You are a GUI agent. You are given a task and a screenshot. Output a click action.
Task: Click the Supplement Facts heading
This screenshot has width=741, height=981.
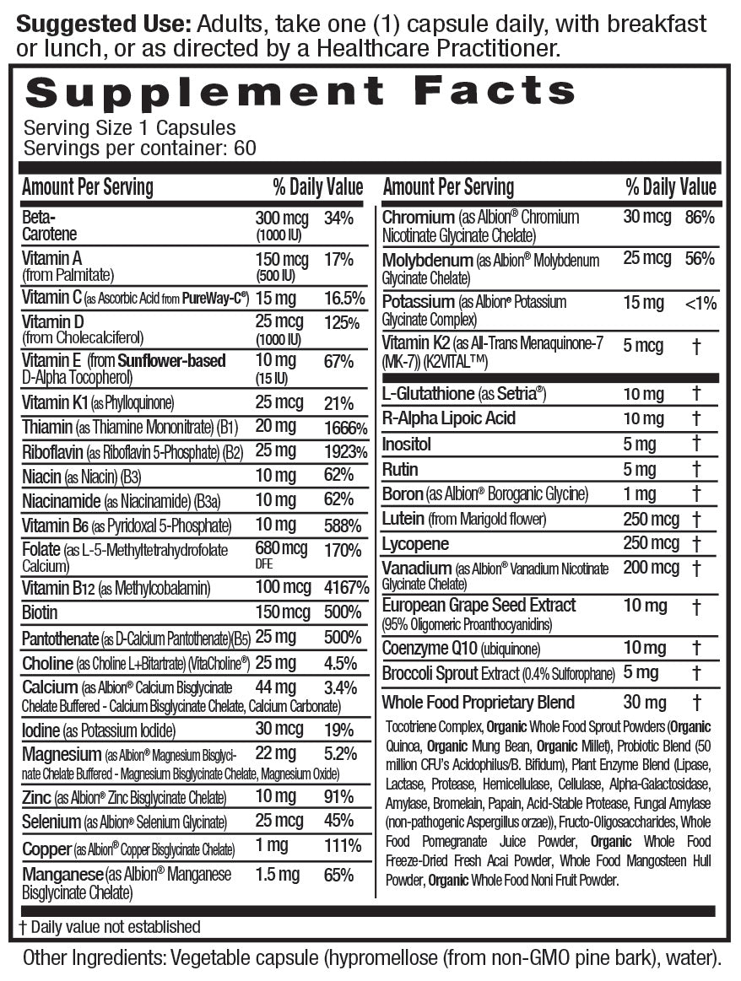coord(300,90)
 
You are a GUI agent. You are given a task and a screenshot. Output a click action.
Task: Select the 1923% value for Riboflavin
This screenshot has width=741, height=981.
coord(346,452)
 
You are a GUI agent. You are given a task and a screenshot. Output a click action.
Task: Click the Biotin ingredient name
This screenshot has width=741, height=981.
coord(41,612)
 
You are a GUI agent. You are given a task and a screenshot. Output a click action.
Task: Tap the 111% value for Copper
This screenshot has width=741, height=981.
coord(343,846)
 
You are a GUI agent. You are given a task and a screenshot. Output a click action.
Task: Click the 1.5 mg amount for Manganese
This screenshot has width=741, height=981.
coord(278,876)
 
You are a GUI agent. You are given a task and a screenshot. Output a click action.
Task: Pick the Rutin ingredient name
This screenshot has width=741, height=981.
coord(400,469)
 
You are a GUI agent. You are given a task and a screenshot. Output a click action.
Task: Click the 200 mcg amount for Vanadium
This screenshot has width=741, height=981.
coord(652,568)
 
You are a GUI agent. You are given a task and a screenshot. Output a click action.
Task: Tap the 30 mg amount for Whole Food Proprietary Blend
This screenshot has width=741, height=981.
coord(645,702)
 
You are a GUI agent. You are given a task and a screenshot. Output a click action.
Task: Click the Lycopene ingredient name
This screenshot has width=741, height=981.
coord(415,544)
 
